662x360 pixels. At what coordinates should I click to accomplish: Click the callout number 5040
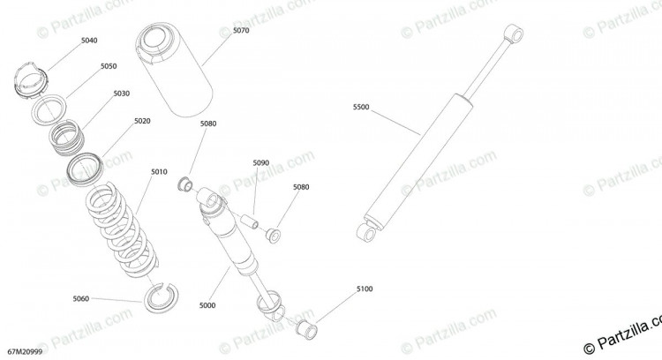click(89, 41)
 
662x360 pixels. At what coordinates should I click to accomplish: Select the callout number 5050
click(109, 66)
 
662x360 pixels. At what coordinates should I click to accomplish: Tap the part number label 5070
click(241, 30)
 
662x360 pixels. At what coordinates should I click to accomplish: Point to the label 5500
click(361, 107)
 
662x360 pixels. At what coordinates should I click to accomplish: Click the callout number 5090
click(261, 163)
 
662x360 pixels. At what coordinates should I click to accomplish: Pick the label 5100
click(365, 289)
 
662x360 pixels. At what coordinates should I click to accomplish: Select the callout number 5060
click(80, 299)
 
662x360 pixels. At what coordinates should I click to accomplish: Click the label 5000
click(207, 305)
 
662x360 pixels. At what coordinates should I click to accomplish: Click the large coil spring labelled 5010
click(123, 230)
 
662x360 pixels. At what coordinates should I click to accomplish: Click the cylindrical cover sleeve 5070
click(174, 70)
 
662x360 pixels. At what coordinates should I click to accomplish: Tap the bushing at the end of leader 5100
click(307, 330)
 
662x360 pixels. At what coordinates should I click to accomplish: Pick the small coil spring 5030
click(67, 137)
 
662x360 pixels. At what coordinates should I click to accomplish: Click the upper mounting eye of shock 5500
click(514, 33)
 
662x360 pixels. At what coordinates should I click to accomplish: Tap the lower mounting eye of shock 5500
click(366, 232)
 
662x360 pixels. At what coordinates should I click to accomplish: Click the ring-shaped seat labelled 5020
click(85, 169)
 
